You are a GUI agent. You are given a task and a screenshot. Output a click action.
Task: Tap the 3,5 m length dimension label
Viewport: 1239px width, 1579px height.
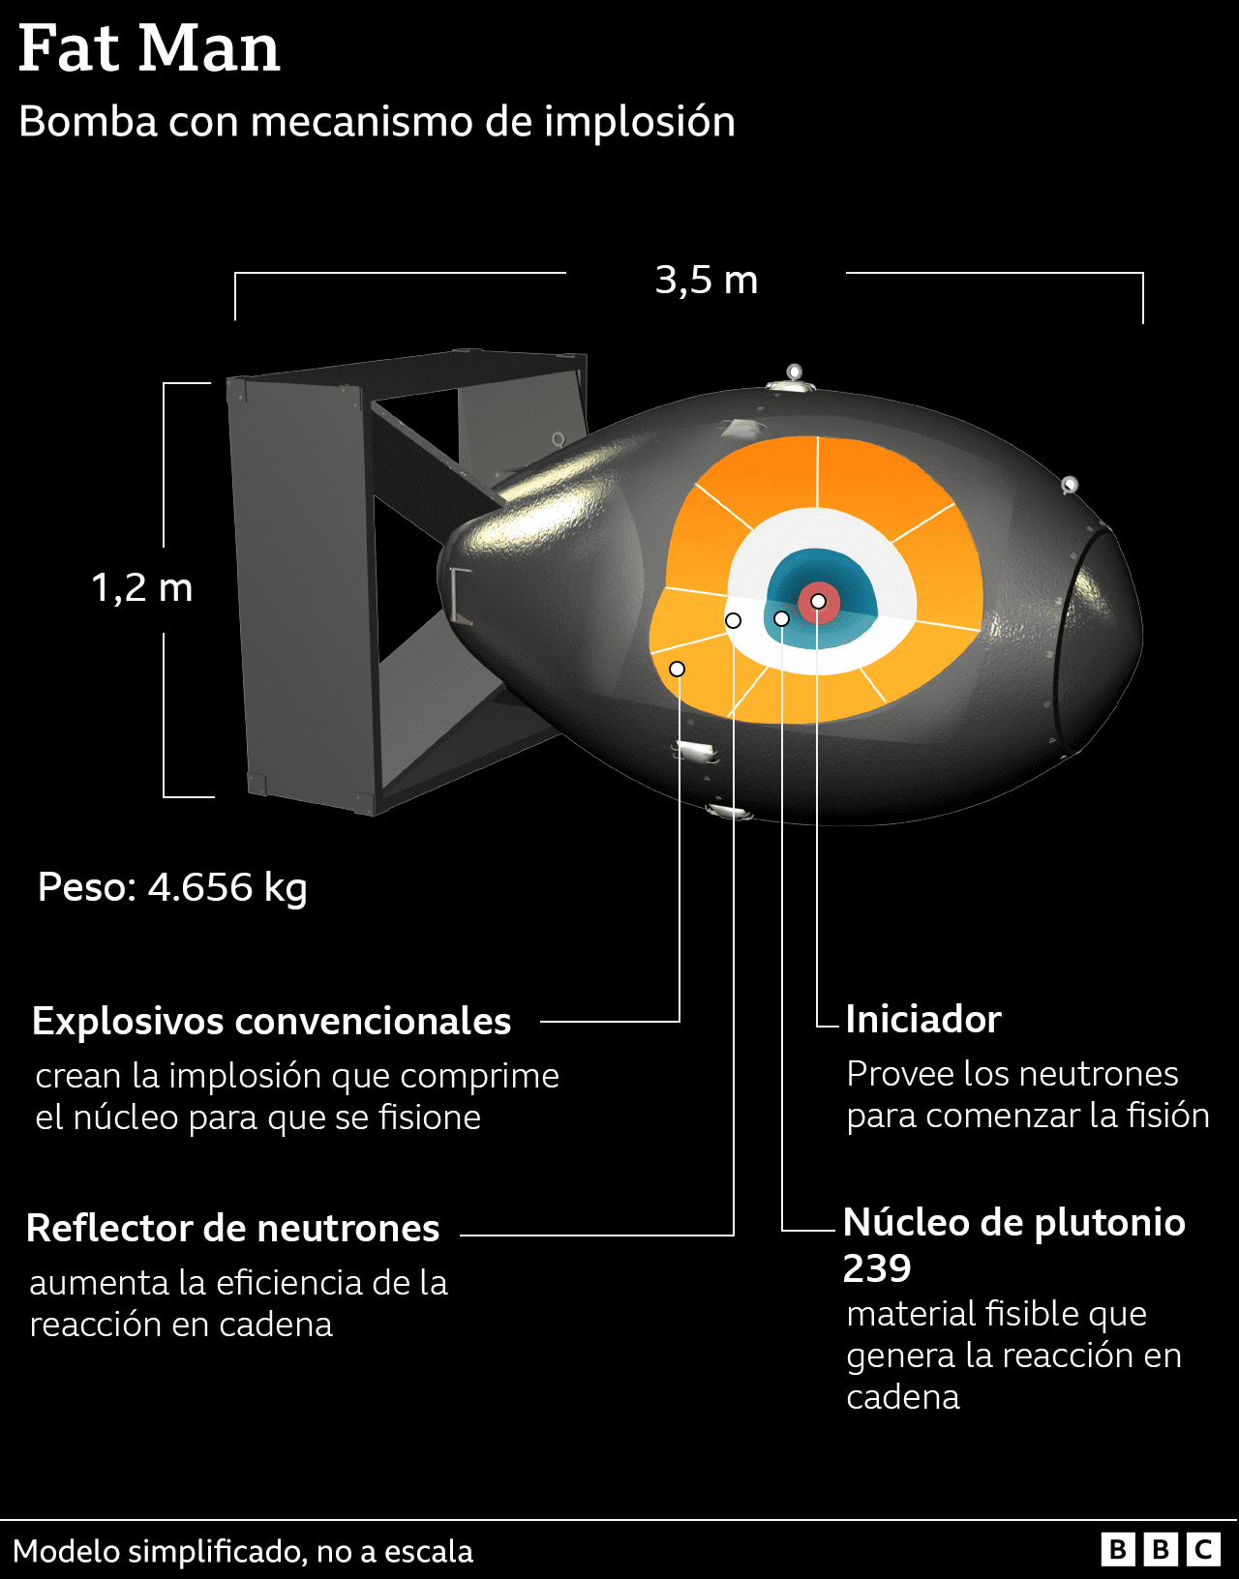(706, 281)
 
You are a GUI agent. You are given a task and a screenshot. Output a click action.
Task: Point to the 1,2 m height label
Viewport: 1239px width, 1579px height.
(142, 587)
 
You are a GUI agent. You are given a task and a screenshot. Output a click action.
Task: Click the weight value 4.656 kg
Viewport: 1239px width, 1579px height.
(227, 887)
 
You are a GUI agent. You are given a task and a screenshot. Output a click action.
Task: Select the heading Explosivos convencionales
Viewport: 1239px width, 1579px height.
(271, 1022)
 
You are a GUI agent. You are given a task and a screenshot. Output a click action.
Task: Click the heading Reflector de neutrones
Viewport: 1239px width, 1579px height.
(232, 1229)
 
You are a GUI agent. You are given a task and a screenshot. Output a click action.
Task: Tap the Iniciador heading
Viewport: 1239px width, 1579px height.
(922, 1020)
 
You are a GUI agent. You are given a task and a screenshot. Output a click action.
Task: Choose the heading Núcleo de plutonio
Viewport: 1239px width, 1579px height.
(1013, 1223)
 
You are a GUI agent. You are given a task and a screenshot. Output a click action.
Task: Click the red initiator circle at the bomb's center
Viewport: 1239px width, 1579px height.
(819, 602)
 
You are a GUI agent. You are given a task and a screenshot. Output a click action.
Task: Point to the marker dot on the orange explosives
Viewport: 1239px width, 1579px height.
(678, 670)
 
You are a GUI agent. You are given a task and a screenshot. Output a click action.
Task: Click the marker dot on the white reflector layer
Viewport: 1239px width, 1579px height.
(734, 620)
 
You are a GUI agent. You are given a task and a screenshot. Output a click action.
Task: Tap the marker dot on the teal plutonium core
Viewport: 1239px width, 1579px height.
(781, 618)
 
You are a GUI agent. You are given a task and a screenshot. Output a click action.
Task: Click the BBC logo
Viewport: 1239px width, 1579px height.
(1160, 1550)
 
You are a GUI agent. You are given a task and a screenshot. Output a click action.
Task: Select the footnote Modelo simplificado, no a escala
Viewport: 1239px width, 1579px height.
(243, 1552)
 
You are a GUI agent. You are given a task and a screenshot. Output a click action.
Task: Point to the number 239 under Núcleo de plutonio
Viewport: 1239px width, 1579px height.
(877, 1268)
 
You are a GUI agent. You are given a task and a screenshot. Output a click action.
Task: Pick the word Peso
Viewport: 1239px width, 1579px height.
(86, 887)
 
